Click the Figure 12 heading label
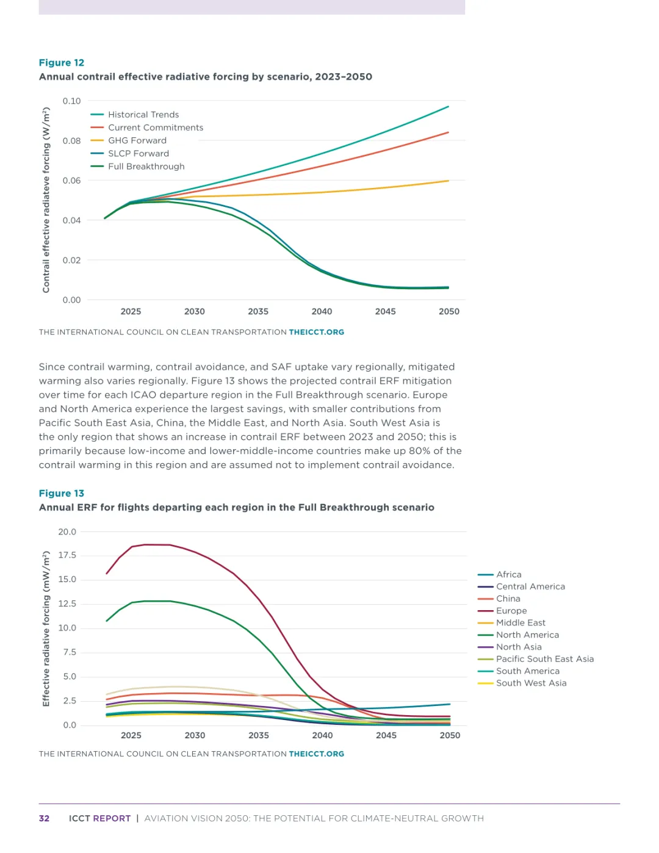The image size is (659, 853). pyautogui.click(x=62, y=63)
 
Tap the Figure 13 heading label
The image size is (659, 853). pyautogui.click(x=62, y=494)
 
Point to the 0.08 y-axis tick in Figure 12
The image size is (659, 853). pyautogui.click(x=71, y=141)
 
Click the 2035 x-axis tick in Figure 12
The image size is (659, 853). pyautogui.click(x=258, y=311)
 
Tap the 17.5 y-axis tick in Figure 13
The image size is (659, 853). pyautogui.click(x=67, y=555)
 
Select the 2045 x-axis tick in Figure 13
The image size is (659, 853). pyautogui.click(x=386, y=735)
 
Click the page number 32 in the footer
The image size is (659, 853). pyautogui.click(x=44, y=818)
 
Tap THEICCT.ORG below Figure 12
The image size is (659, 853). pyautogui.click(x=316, y=333)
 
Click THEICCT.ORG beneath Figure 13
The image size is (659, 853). pyautogui.click(x=316, y=754)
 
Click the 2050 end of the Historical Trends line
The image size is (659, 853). pyautogui.click(x=448, y=107)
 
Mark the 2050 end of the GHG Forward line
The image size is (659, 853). pyautogui.click(x=448, y=181)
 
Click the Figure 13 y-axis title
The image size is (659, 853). pyautogui.click(x=46, y=628)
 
